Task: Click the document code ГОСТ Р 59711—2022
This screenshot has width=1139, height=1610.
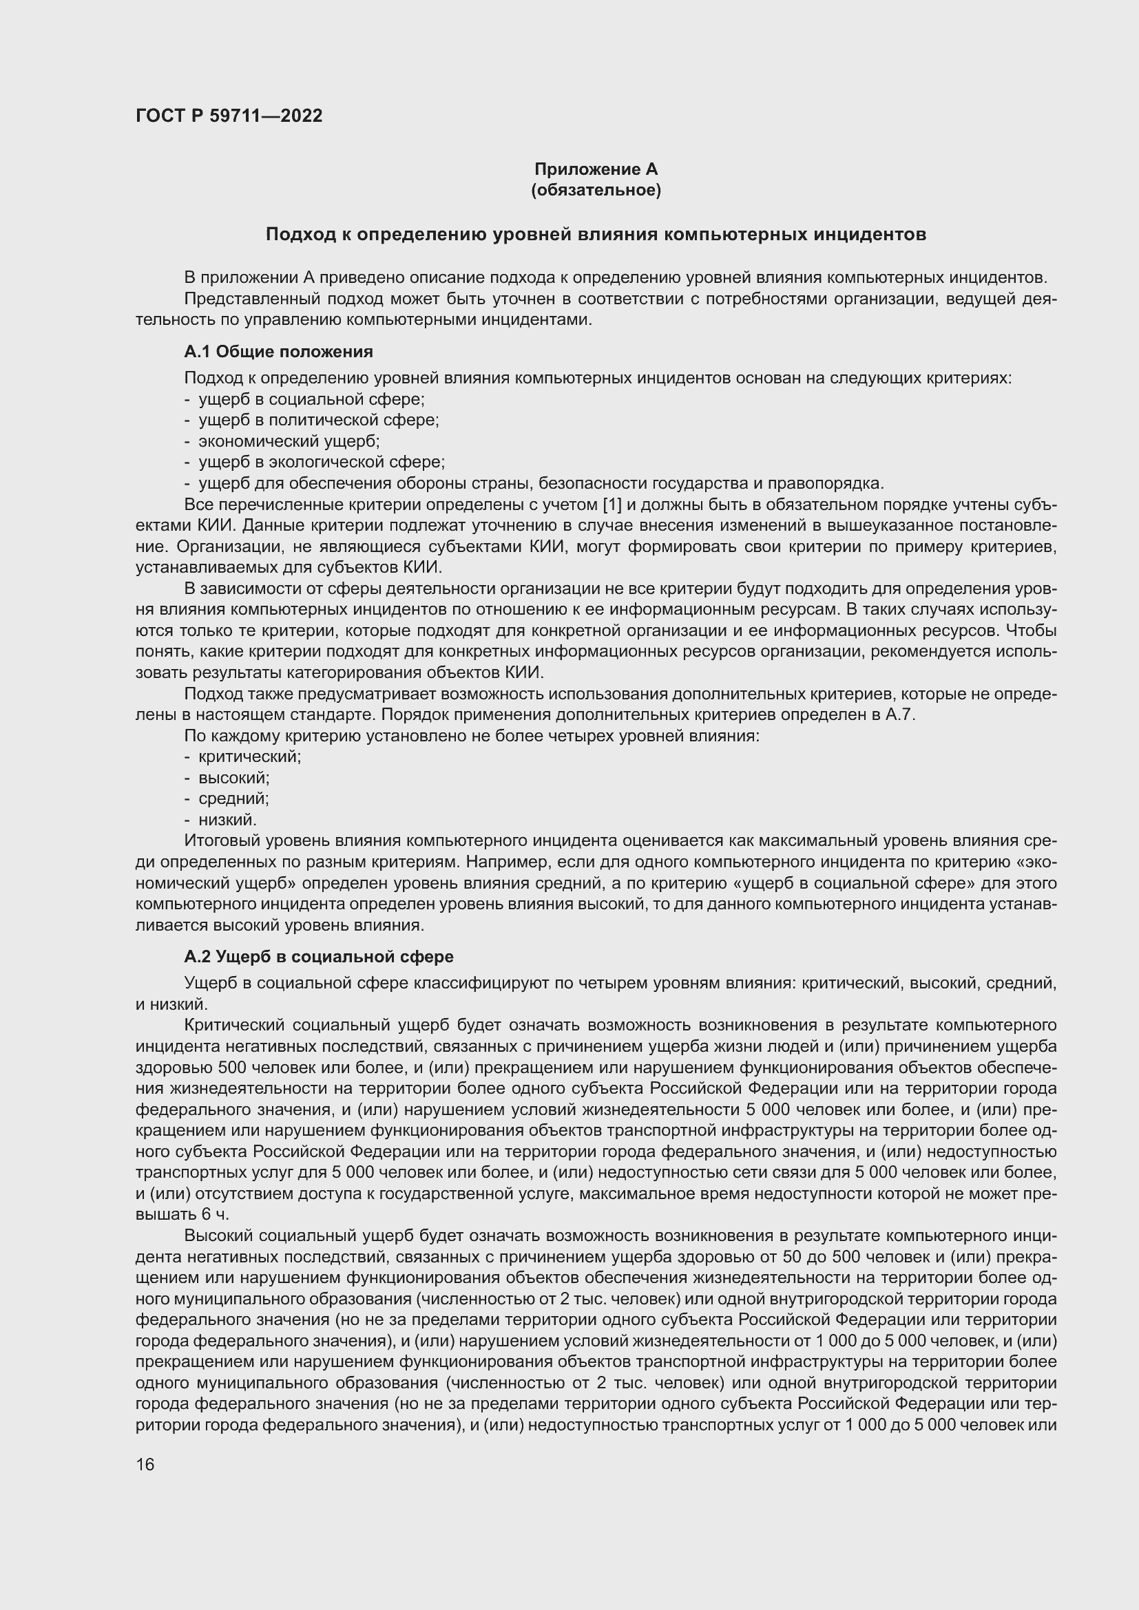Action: [x=229, y=116]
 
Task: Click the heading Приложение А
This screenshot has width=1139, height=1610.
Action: [x=596, y=169]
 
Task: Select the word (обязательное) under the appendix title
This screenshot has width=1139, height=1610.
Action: [x=596, y=190]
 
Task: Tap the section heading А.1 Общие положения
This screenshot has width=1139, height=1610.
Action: [x=278, y=351]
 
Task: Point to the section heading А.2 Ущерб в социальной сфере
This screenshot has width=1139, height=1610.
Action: [x=318, y=957]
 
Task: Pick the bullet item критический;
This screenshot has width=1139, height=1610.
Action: [x=250, y=756]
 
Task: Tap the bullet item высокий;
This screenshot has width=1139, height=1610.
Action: [x=234, y=778]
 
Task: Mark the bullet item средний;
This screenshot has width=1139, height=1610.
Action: [x=233, y=798]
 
